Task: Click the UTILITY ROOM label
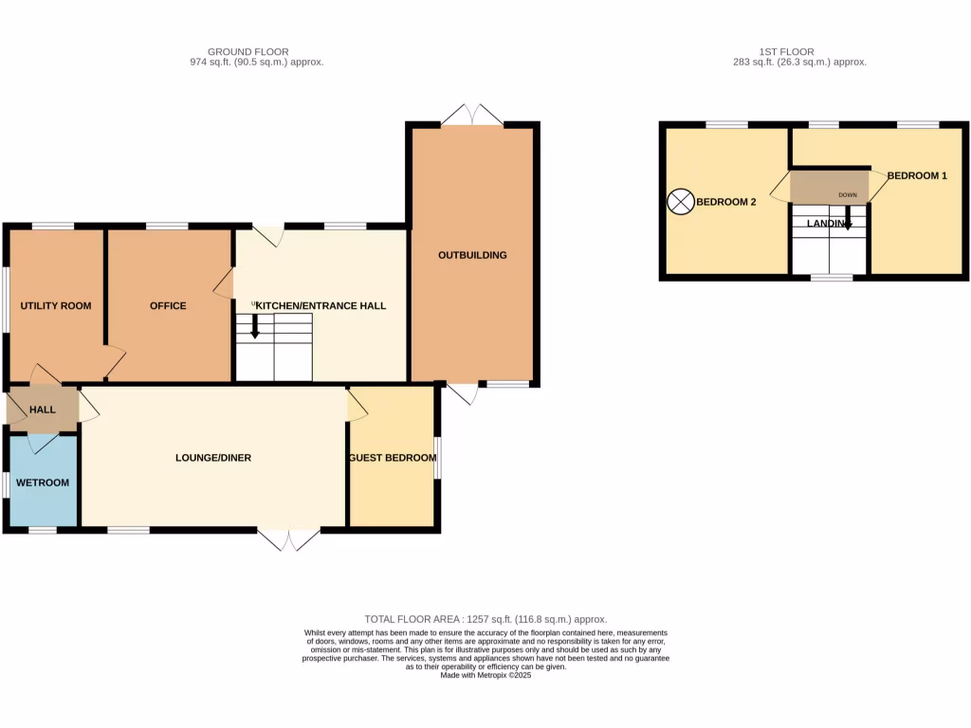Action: coord(57,306)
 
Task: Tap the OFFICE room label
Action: coord(168,306)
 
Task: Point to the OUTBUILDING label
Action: coord(472,255)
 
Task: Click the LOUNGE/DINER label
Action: coord(213,458)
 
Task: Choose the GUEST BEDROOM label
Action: coord(393,458)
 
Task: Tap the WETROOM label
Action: coord(44,482)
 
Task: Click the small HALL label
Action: coord(43,409)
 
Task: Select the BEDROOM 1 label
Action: coord(916,175)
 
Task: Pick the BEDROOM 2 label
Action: coord(725,202)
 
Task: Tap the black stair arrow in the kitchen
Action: coord(254,327)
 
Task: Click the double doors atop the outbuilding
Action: coord(472,116)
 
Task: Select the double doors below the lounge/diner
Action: coord(289,539)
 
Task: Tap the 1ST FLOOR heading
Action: coord(786,52)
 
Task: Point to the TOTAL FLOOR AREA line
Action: coord(485,619)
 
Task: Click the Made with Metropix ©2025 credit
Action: coord(485,675)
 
